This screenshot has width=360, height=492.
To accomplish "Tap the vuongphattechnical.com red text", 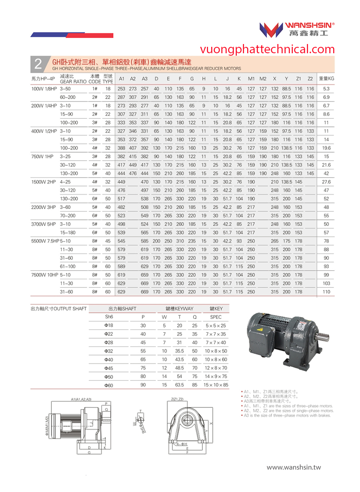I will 268,49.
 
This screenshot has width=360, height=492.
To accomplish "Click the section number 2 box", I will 38,64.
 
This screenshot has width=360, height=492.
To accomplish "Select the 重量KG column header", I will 326,78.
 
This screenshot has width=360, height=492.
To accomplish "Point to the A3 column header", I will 144,78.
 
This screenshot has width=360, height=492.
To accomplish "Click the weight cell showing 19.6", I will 326,148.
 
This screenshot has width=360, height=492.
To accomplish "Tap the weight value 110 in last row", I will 326,292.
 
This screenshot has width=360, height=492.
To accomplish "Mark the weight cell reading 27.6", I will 326,182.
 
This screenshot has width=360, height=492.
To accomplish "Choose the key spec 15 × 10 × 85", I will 216,385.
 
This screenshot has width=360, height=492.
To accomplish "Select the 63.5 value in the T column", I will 179,385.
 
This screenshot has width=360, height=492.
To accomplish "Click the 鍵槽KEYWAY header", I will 179,309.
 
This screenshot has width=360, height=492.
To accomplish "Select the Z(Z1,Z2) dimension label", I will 176,399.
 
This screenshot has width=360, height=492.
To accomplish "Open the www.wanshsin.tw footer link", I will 294,467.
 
